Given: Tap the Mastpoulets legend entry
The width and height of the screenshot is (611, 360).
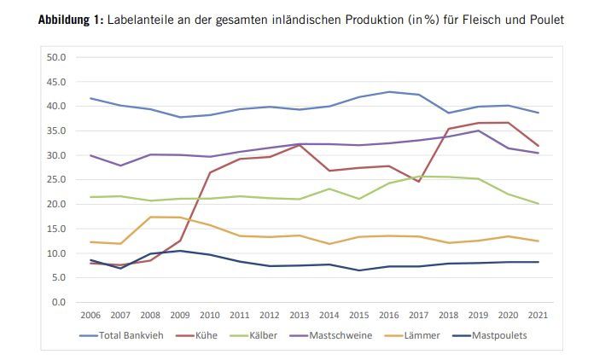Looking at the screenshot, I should coord(500,335).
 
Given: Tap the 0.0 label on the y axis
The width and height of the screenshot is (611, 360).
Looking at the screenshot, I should coord(58,302).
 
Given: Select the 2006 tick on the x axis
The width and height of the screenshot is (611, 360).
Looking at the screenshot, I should coord(90,316).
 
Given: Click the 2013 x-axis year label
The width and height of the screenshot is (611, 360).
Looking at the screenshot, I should coord(299,316).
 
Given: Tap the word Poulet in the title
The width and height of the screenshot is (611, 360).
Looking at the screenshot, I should coord(544,19).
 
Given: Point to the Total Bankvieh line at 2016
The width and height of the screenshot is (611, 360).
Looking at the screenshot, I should coord(388,92).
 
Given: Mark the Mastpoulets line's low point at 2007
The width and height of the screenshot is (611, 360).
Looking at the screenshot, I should coord(120,268).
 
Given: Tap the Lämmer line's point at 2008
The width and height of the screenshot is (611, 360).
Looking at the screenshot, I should coord(150,217).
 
